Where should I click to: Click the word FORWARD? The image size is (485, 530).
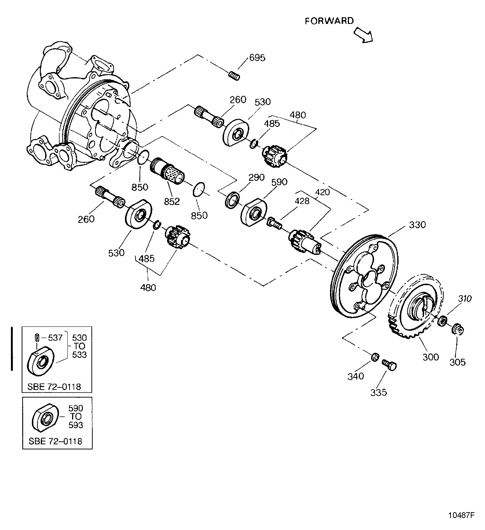point(329,21)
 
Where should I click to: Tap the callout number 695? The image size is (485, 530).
point(257,58)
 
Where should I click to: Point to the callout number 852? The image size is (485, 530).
point(172,202)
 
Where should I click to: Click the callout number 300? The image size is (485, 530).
point(431,357)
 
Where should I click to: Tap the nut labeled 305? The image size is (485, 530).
point(458,330)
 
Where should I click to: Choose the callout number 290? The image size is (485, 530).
point(257,177)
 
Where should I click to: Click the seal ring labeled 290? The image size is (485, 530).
point(232,200)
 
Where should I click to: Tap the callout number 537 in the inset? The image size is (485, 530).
point(55,338)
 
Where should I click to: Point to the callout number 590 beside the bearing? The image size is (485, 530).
point(279,182)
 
